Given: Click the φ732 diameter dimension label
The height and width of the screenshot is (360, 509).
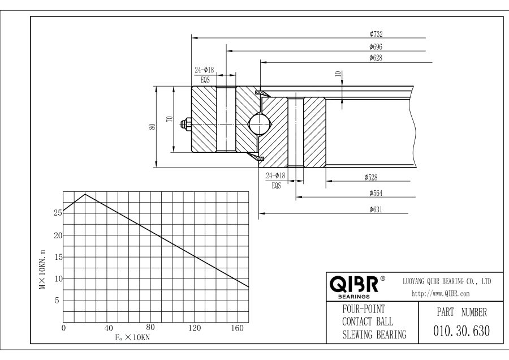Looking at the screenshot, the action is (376, 34).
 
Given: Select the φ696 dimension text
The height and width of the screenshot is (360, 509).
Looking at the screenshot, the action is (376, 46).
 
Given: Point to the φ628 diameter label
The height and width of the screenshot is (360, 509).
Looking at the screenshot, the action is (376, 58).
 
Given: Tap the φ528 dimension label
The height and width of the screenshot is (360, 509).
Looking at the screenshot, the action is (371, 177).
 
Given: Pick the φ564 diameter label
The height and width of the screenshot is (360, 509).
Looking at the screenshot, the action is (376, 194).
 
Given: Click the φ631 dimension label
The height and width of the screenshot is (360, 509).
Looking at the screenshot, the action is (376, 209).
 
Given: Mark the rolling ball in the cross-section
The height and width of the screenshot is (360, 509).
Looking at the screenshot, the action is (260, 125).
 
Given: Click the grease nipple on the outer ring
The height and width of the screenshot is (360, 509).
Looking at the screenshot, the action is (186, 125).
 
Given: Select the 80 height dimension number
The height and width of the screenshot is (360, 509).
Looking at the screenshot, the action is (152, 127).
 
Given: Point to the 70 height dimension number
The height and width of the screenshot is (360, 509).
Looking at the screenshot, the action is (170, 119).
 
